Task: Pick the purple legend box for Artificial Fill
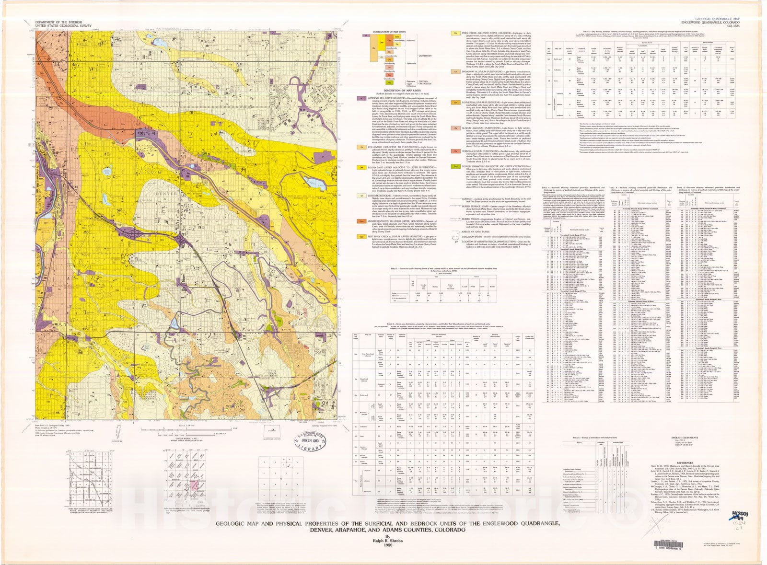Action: (x=360, y=97)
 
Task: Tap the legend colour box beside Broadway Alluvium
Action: (x=454, y=71)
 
